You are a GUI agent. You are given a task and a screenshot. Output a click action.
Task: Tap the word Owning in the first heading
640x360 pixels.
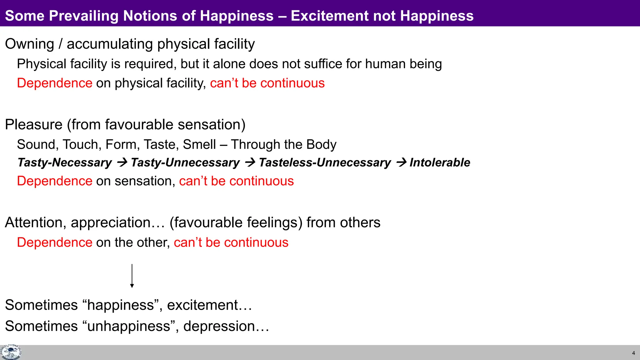pos(30,44)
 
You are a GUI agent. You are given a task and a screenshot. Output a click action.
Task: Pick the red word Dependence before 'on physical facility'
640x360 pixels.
pos(55,83)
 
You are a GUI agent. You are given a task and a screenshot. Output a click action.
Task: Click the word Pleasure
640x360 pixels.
pos(34,125)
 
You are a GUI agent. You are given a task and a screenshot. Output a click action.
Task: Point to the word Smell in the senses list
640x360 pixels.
pos(199,144)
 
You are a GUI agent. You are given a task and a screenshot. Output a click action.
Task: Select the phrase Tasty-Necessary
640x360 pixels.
pos(65,162)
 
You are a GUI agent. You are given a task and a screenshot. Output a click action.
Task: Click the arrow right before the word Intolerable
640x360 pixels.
pos(401,162)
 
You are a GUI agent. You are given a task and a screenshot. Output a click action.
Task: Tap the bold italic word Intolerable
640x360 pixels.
pos(440,162)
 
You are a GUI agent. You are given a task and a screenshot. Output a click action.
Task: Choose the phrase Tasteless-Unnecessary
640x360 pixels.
pos(325,162)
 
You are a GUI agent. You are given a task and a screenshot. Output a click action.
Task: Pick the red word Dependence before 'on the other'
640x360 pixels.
pos(55,242)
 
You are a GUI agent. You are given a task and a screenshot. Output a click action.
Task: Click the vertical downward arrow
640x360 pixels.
pos(132,276)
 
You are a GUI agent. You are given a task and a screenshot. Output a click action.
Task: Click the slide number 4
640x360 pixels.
pos(633,353)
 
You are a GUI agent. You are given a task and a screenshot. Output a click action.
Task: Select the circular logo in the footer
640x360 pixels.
pos(11,352)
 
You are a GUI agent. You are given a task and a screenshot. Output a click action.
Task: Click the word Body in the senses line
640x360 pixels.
pos(321,144)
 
